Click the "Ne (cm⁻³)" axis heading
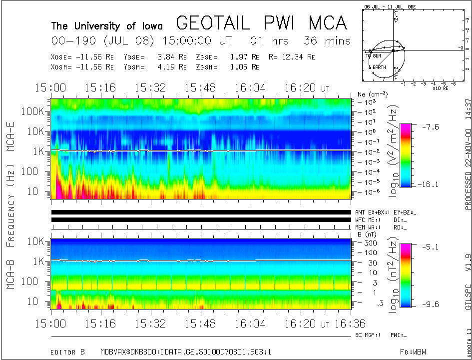tap(370, 94)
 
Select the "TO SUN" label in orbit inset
tap(373, 56)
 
